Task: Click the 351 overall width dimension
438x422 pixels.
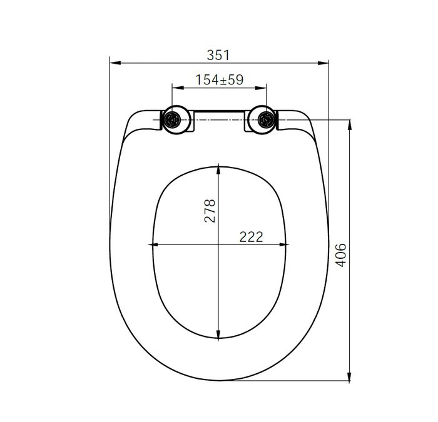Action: coord(218,55)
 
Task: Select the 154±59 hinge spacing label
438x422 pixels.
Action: coord(218,80)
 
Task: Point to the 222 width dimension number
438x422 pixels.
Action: coord(250,236)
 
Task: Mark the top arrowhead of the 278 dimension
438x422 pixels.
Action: coord(218,167)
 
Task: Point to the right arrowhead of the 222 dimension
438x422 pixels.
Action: coord(285,244)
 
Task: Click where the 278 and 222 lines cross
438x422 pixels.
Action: coord(218,244)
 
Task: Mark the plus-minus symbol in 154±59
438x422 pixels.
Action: coord(219,80)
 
